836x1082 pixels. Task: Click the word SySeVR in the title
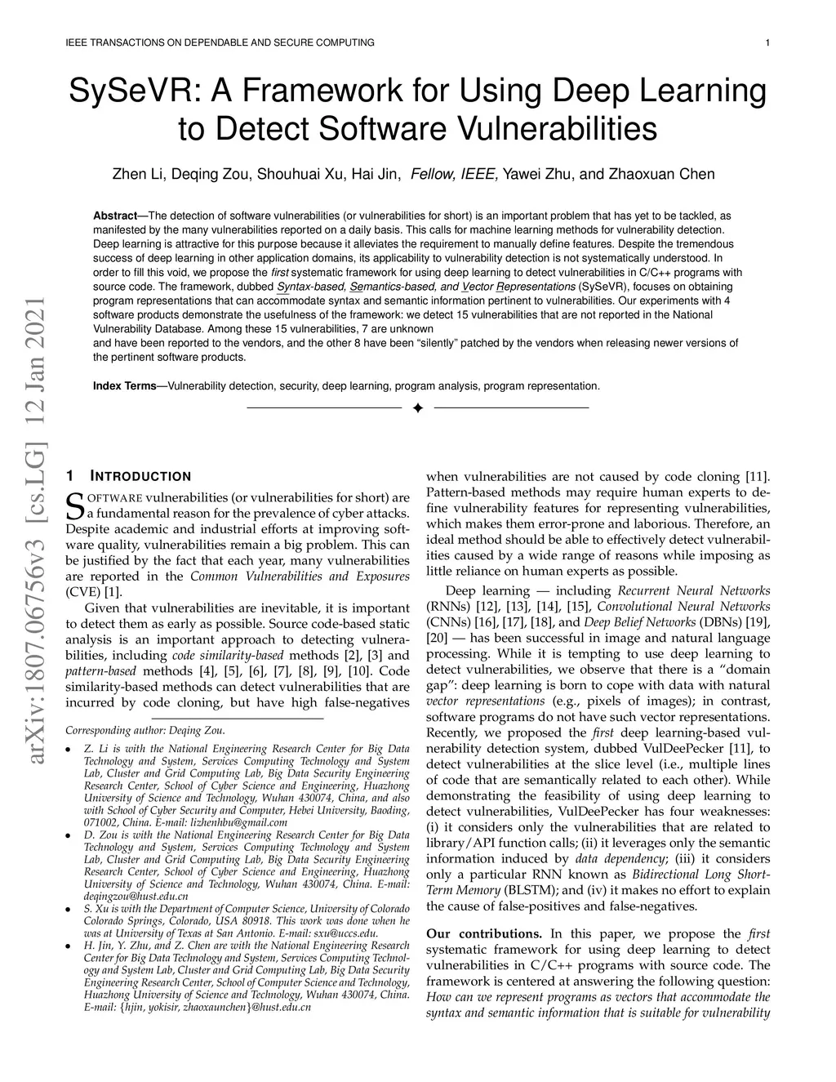pyautogui.click(x=131, y=91)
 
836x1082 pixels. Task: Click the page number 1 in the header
pyautogui.click(x=769, y=42)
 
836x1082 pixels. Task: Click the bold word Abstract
pyautogui.click(x=115, y=216)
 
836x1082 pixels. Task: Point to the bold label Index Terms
pyautogui.click(x=124, y=385)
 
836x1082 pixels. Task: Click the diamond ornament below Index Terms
pyautogui.click(x=417, y=407)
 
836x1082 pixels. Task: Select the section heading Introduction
pyautogui.click(x=140, y=476)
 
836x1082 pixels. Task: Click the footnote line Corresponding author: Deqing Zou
pyautogui.click(x=145, y=730)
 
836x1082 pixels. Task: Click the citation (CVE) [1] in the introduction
pyautogui.click(x=97, y=592)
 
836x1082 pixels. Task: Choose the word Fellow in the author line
pyautogui.click(x=432, y=174)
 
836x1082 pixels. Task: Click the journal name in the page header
pyautogui.click(x=220, y=42)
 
